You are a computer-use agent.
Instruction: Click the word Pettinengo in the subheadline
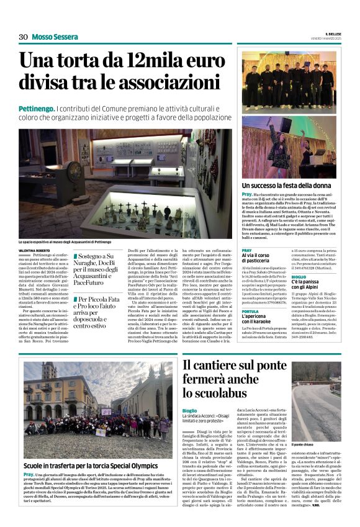36,109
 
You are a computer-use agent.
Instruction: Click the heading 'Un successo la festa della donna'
286,186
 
